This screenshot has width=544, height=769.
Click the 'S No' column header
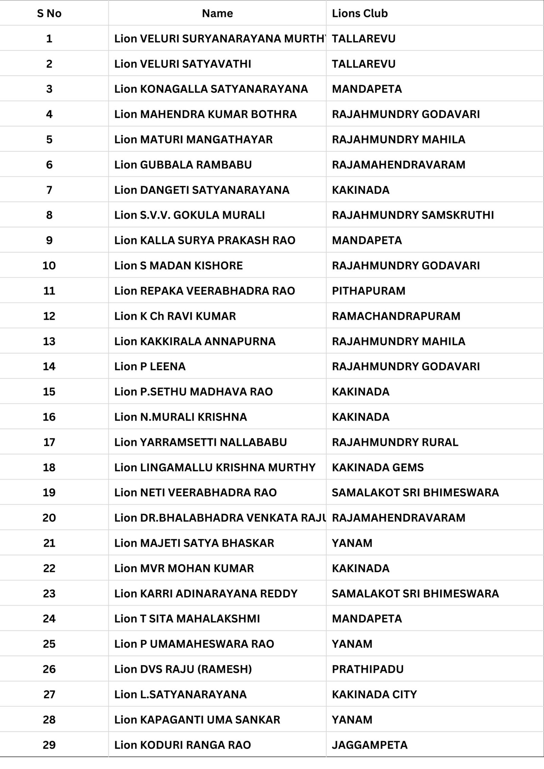49,13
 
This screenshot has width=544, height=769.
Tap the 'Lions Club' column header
360,13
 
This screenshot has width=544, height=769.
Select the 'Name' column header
217,13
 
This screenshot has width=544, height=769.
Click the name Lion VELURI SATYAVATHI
183,64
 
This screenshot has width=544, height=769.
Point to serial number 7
49,190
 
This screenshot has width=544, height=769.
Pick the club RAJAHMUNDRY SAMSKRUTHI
413,215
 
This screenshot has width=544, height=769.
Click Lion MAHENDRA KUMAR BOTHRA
205,114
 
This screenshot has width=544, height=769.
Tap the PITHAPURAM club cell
369,291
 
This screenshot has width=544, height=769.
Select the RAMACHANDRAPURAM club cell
396,316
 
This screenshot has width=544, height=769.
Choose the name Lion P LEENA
150,366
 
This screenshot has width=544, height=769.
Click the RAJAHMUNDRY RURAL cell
395,442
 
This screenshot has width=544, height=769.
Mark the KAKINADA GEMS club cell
378,467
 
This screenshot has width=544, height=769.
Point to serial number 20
49,518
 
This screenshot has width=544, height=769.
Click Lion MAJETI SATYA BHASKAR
194,543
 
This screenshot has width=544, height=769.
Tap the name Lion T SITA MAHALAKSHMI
187,618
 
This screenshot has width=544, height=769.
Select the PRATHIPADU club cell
368,669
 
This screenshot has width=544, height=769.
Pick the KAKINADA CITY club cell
374,694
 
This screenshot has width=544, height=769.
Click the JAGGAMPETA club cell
370,745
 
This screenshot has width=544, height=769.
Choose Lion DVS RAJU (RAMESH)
183,669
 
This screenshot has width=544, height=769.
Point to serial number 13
49,341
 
